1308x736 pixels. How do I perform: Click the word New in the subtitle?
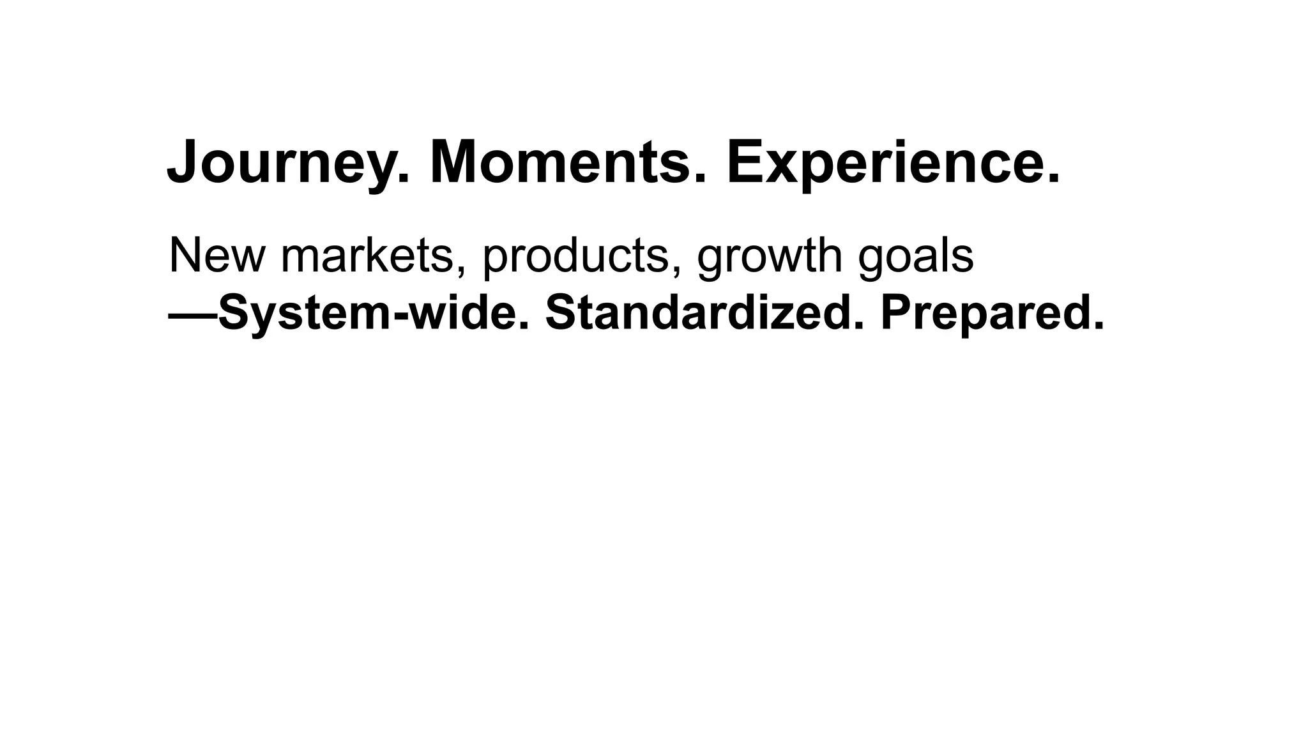tap(216, 256)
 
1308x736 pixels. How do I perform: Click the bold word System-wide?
tap(374, 314)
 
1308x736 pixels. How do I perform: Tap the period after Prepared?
tap(1098, 326)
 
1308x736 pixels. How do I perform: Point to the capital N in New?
tap(184, 255)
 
